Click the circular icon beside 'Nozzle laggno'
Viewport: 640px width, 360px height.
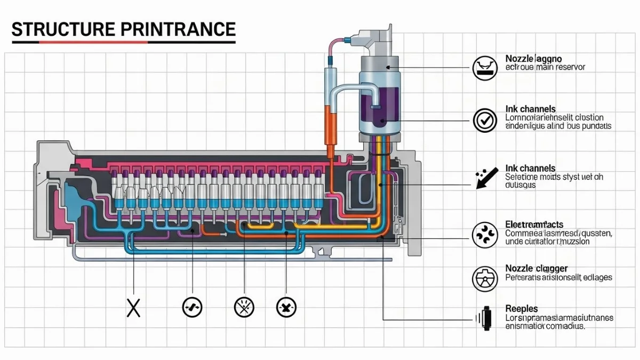tap(484, 68)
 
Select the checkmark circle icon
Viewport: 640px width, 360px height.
tap(484, 120)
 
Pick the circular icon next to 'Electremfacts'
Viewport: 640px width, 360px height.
tap(484, 234)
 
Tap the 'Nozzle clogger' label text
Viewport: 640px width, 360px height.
tap(536, 268)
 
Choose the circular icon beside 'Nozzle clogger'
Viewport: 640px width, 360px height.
tap(484, 278)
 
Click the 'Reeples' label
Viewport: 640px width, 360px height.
tap(521, 309)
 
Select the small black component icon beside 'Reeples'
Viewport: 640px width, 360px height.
tap(485, 318)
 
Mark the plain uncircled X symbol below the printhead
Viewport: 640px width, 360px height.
tap(133, 307)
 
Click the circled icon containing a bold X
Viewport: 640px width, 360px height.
tap(286, 307)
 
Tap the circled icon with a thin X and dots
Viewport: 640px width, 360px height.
tap(245, 307)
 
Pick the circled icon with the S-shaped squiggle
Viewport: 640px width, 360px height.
tap(192, 307)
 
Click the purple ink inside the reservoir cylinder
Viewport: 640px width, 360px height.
tap(378, 109)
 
